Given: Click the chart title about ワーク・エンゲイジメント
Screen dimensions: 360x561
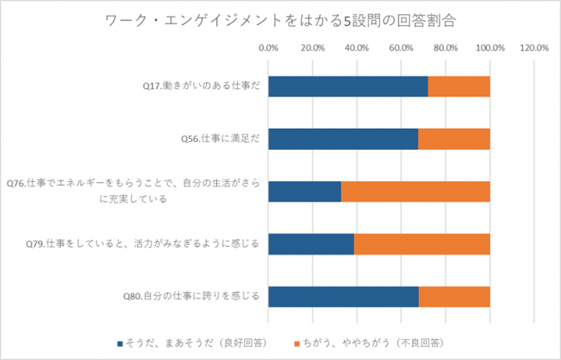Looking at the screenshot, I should (281, 18).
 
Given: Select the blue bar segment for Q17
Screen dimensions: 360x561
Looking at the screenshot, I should (347, 86).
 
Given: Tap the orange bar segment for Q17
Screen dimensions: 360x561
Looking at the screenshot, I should (459, 86).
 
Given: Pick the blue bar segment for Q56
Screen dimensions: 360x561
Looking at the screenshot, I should (342, 139).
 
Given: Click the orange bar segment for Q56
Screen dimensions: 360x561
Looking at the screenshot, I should (454, 139).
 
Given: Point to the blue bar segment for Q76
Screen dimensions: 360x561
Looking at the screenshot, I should (304, 191).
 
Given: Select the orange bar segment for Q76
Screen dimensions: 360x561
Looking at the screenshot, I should (416, 191).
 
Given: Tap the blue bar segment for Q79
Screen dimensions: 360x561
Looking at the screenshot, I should (311, 244).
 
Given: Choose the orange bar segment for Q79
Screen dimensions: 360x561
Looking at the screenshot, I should (422, 244).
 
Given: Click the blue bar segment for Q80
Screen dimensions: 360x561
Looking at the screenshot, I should (343, 296).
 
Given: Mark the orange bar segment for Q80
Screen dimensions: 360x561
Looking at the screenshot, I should (455, 296).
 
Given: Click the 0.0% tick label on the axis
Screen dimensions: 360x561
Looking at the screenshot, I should (268, 47).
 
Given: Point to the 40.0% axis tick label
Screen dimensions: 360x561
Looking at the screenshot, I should (357, 47).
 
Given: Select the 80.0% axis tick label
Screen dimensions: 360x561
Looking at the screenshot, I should (445, 47).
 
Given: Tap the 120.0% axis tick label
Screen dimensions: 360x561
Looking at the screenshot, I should (534, 47).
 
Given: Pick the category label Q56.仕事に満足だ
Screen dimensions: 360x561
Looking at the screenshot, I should (220, 139).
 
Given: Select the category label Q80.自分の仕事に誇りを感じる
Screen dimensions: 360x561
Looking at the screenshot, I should (192, 296).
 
